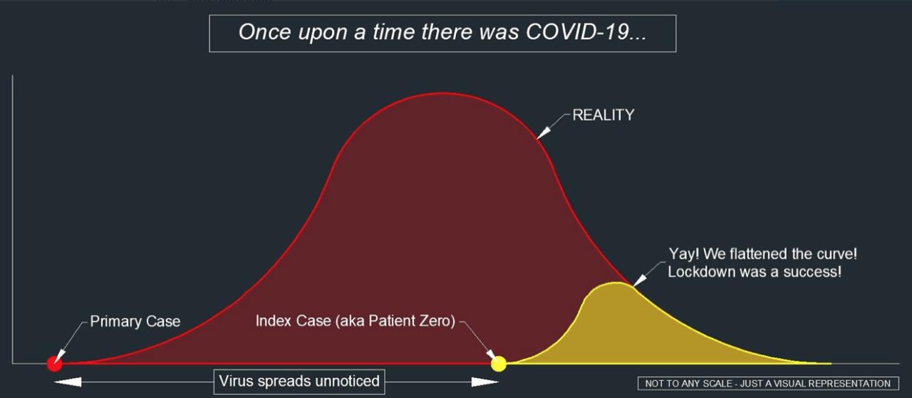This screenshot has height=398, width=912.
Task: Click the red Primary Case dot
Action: click(x=55, y=363)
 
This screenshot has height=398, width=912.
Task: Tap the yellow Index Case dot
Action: click(x=499, y=364)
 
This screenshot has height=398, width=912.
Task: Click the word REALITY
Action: click(x=603, y=115)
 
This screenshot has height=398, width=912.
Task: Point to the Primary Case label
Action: click(x=135, y=322)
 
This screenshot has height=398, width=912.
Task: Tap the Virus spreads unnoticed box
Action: click(x=299, y=382)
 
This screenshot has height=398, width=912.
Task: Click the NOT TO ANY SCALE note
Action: click(x=768, y=383)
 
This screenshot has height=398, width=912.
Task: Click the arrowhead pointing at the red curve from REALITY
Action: click(x=544, y=133)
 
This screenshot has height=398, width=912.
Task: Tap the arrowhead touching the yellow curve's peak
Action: click(x=640, y=280)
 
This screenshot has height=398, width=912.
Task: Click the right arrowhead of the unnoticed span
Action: click(x=485, y=382)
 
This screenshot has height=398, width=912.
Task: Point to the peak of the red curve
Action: click(x=442, y=93)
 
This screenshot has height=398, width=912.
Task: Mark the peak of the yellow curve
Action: click(x=617, y=282)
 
